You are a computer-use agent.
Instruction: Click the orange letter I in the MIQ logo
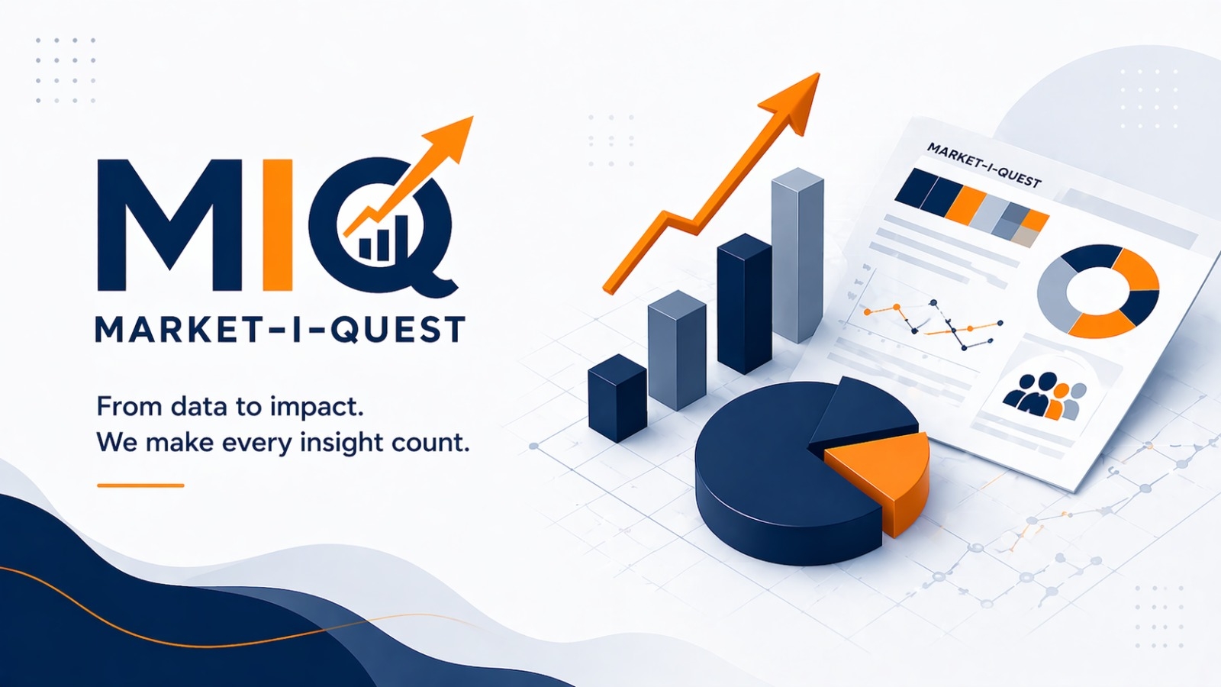coord(278,224)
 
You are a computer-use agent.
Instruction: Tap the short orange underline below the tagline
coord(140,485)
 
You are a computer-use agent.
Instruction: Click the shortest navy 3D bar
coord(617,398)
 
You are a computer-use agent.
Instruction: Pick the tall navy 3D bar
coord(745,304)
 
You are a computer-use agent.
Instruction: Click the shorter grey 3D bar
coord(676,350)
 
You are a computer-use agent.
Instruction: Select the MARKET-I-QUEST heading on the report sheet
coord(984,164)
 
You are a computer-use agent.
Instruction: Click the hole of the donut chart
coord(1097,291)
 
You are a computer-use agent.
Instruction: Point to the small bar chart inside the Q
coord(383,237)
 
